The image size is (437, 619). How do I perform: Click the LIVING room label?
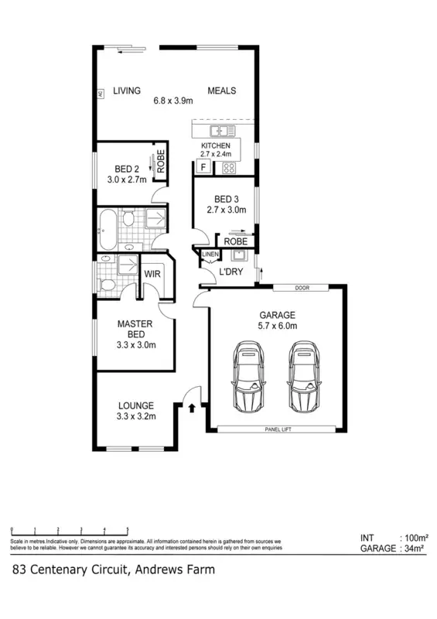[x=127, y=91]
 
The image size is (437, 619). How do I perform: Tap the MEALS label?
[x=221, y=91]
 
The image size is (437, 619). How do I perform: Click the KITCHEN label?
[x=215, y=146]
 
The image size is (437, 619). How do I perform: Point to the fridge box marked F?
[x=203, y=167]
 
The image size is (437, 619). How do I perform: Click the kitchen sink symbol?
[x=225, y=131]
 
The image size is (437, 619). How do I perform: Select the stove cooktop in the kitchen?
[x=229, y=167]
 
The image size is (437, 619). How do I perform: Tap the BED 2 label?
[x=127, y=169]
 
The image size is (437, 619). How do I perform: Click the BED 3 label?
[x=226, y=198]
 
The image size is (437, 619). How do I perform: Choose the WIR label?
[x=152, y=272]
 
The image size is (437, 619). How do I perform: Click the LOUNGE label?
[x=136, y=405]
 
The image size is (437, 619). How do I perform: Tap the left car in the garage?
[x=249, y=377]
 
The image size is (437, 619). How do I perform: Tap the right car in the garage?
[x=302, y=377]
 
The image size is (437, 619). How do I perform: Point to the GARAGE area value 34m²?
[x=414, y=549]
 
